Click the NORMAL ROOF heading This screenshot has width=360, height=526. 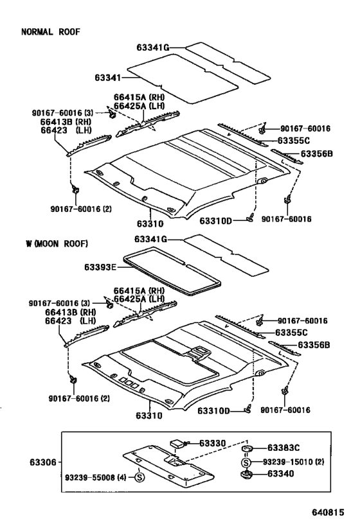pos(51,32)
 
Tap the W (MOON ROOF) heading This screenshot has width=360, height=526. pos(57,243)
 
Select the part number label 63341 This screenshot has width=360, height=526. pos(107,78)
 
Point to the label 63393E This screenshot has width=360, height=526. pos(100,267)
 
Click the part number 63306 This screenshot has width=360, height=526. pos(43,462)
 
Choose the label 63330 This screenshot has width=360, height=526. pos(213,443)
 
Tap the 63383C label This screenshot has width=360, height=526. pos(283,448)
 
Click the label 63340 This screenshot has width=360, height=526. pos(280,474)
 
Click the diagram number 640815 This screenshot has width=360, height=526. pos(328,513)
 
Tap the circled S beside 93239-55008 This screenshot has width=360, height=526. pos(139,477)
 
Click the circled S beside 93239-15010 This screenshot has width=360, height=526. pos(246,462)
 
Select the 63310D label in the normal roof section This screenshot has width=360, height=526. pos(215,221)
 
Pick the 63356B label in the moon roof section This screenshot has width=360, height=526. pos(314,345)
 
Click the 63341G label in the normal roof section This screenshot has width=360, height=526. pos(153,48)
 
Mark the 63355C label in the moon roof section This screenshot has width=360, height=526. pos(291,333)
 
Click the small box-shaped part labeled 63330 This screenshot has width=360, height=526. pos(177,444)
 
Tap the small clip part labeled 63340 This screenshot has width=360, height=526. pos(247,475)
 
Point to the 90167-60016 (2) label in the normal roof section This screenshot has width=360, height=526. pos(81,209)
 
